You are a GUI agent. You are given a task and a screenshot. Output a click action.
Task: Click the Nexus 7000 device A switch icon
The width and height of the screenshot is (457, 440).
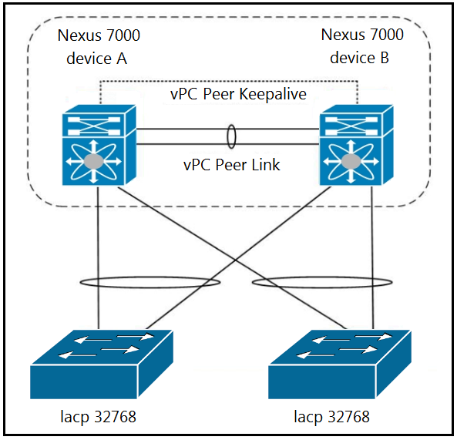click(99, 145)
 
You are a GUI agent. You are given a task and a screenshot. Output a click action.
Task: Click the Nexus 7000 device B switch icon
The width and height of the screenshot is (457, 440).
click(356, 145)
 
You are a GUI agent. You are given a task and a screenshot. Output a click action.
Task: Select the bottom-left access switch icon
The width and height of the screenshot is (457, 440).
click(102, 364)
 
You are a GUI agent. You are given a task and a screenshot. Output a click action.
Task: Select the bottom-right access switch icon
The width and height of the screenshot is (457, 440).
click(340, 364)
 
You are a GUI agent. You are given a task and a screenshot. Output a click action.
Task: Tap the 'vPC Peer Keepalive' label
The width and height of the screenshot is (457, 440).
click(238, 94)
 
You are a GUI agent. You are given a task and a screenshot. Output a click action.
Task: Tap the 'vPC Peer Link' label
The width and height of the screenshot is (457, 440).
click(232, 165)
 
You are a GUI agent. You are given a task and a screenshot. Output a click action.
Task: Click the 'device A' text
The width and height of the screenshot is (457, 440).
click(97, 59)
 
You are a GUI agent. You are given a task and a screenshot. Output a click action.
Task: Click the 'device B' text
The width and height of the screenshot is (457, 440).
click(359, 58)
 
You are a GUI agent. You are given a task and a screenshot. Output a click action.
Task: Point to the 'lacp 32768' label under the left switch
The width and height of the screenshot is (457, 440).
click(98, 417)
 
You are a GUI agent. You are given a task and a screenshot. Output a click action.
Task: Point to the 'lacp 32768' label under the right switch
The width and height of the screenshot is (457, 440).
click(331, 417)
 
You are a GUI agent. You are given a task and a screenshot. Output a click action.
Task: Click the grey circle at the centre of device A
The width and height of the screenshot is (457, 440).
click(93, 161)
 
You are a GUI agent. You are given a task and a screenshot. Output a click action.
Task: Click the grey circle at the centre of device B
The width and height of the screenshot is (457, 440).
click(351, 161)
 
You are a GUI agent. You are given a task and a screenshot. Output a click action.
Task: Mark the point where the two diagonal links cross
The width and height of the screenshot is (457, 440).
click(236, 258)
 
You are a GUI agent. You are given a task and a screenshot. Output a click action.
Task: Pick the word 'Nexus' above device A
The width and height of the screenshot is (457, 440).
click(79, 35)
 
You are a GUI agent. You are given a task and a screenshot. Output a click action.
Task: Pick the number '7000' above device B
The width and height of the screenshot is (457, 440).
click(387, 35)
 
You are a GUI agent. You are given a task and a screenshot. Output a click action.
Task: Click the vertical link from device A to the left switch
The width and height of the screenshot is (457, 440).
click(98, 257)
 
